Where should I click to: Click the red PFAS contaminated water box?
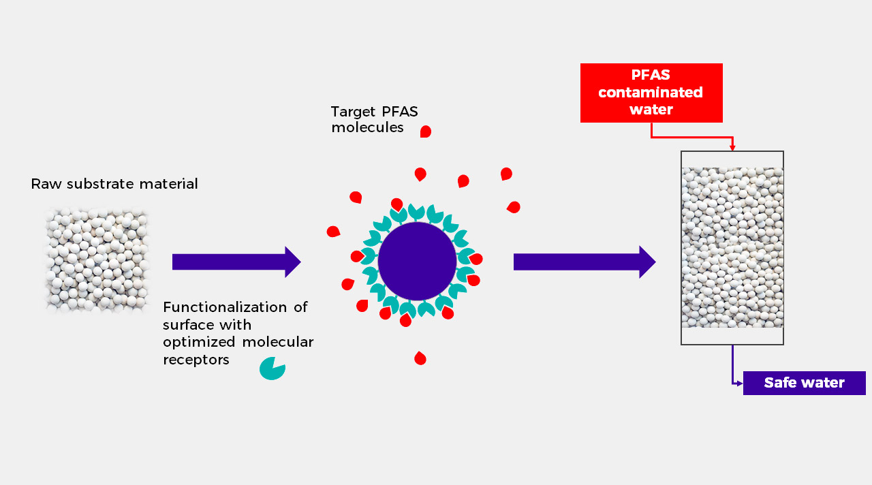[651, 93]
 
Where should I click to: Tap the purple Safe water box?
[805, 383]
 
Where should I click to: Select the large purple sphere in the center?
[417, 261]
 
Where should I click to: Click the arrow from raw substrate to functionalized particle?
[236, 262]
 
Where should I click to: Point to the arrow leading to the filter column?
[585, 262]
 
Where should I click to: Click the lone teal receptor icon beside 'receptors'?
[272, 369]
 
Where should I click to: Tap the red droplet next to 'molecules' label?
[426, 131]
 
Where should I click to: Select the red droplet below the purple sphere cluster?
[420, 358]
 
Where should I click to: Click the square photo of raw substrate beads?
[97, 261]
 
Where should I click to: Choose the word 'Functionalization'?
[225, 307]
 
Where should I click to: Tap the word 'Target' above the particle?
[354, 112]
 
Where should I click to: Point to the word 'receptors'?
[196, 360]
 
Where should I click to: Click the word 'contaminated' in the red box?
[651, 92]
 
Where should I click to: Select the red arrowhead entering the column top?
[732, 148]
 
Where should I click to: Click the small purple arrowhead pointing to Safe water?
[740, 384]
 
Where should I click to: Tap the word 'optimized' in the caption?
[199, 343]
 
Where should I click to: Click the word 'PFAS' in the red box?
[651, 75]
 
